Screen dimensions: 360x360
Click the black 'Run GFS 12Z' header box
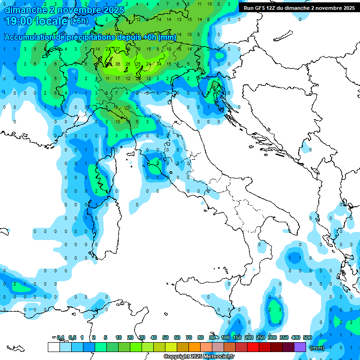299,8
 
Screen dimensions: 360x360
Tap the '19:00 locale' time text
37,21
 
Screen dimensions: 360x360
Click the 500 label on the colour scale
307,337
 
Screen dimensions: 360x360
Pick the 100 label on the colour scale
225,337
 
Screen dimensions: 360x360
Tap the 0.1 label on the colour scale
60,337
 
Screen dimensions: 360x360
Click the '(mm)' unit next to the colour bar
317,348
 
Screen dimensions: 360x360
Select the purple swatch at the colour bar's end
300,347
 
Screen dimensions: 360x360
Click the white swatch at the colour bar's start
53,347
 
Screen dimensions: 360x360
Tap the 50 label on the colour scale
165,337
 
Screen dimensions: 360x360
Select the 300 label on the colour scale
272,337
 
